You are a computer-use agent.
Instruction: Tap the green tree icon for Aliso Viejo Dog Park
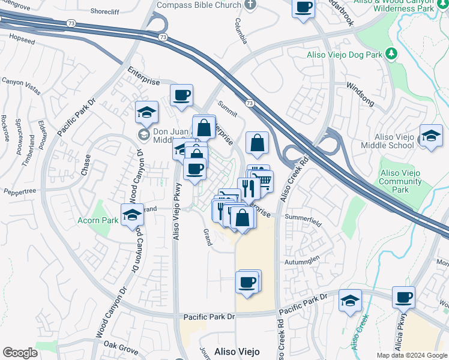coord(391,55)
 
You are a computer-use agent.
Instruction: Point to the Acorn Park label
coord(97,220)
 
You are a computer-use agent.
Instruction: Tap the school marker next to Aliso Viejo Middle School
coord(431,135)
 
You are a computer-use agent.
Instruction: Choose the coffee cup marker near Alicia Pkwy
coord(404,297)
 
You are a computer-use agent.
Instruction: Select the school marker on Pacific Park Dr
coord(350,301)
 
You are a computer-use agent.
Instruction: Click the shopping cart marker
coord(263,179)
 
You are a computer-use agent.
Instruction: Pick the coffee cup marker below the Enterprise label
coord(181,95)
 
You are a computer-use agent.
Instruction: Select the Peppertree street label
coord(20,191)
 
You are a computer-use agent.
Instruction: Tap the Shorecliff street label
coord(105,11)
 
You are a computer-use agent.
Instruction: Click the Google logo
coord(20,353)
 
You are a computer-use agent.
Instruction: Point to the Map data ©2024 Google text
coord(412,355)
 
